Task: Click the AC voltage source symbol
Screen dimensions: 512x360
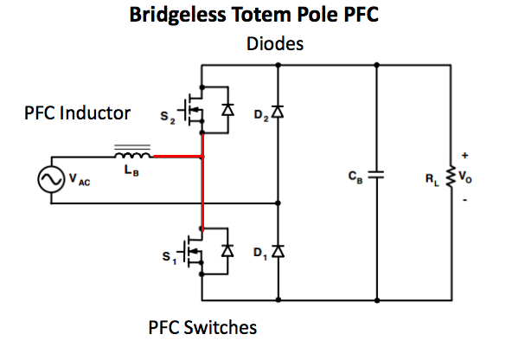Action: [51, 179]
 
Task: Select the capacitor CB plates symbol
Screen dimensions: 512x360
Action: [376, 175]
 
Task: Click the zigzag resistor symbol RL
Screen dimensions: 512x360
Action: [451, 177]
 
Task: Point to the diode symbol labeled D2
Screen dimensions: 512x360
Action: [278, 112]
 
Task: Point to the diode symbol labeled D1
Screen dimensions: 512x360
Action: [278, 251]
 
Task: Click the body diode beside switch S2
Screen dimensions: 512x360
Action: [227, 109]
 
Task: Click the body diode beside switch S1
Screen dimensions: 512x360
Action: [227, 251]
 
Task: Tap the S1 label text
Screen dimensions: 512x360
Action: [170, 257]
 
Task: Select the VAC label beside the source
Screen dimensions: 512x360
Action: [80, 179]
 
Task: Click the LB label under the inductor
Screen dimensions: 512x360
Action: [131, 170]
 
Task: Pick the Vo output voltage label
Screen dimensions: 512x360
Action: [465, 177]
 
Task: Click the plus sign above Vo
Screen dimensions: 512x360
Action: [465, 155]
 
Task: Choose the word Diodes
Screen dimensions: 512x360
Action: [275, 44]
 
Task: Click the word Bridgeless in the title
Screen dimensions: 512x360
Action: [177, 15]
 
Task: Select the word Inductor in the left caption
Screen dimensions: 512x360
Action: [95, 113]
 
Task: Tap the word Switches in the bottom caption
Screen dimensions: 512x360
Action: [221, 327]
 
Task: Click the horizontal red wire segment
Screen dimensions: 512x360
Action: [177, 157]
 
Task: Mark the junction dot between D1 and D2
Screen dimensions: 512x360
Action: [278, 203]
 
